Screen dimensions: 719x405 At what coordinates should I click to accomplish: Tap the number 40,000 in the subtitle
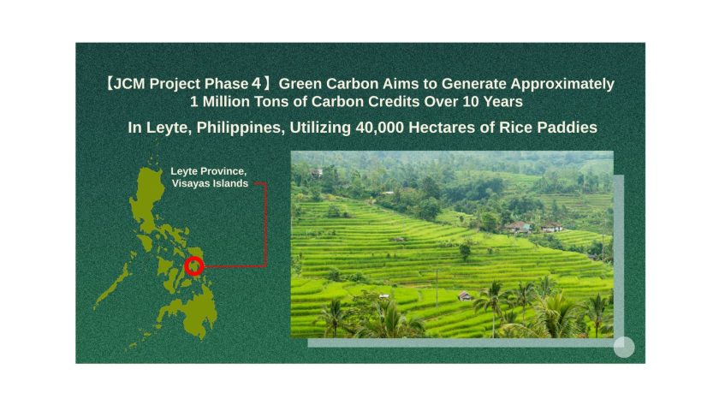(379, 128)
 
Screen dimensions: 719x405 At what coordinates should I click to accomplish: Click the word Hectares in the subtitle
(442, 128)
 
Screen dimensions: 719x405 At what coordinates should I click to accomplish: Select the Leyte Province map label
(209, 171)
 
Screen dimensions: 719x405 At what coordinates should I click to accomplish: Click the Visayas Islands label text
(210, 183)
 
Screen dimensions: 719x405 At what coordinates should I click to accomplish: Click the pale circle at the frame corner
(624, 348)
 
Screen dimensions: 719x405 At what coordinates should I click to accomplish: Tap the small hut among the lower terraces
(465, 296)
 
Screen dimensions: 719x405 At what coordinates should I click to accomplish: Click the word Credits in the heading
(394, 101)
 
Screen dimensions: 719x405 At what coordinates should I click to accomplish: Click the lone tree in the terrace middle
(465, 252)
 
